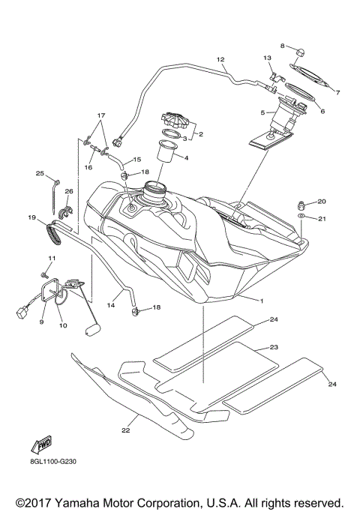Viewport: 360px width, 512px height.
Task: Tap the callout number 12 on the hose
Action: [220, 58]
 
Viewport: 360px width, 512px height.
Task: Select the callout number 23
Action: [274, 349]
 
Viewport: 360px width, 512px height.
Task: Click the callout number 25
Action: [40, 173]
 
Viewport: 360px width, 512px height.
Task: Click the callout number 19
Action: [32, 218]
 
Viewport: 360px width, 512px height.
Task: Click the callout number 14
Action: [112, 304]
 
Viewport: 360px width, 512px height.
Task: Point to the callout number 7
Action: [337, 93]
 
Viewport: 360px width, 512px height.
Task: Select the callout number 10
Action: [62, 325]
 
